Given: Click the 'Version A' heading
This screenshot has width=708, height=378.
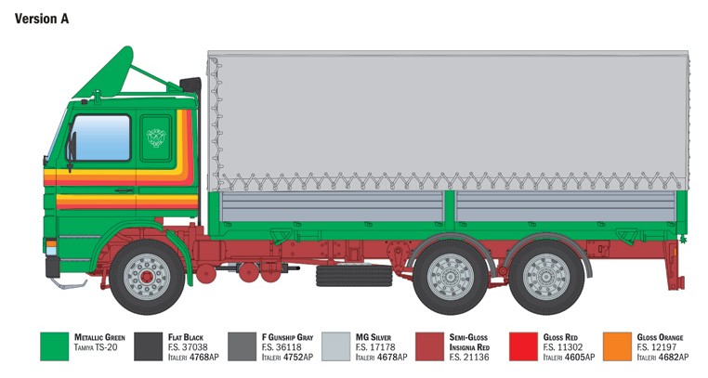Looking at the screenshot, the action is coord(42,19).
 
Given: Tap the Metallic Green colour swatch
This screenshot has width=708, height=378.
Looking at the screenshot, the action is coord(54,346).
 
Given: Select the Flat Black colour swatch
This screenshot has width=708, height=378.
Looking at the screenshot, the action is coord(148,346).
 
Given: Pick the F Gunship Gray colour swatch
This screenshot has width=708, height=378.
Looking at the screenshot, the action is coord(242,346).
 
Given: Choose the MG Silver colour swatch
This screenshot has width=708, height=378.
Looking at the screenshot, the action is coord(335,346).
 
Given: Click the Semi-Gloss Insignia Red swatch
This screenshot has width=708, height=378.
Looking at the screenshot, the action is coord(429,346).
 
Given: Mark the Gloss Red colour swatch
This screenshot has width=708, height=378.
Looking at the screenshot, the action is coord(523,346).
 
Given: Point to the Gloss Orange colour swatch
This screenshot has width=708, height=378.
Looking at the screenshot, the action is coord(617,346).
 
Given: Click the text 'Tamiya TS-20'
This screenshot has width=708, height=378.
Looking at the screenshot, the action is coord(96,347).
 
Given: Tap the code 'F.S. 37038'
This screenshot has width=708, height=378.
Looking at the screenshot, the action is coord(188,347).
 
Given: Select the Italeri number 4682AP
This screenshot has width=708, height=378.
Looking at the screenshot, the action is coord(662,358).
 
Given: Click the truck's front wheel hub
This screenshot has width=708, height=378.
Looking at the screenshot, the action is coord(146,277).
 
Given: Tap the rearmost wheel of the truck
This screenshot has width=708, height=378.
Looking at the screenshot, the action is coord(546,277).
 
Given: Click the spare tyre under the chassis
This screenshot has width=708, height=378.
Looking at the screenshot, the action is coord(354,276).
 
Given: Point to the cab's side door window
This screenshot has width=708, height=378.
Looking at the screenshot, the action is coord(100,137).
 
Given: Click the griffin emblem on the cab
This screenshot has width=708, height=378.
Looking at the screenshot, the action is coord(156,137).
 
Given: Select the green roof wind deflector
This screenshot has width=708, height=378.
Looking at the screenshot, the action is coord(105,72).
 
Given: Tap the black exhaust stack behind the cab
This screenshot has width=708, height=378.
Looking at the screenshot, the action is coord(191,85).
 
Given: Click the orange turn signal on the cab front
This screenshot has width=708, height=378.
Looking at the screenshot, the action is coord(51,243).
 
